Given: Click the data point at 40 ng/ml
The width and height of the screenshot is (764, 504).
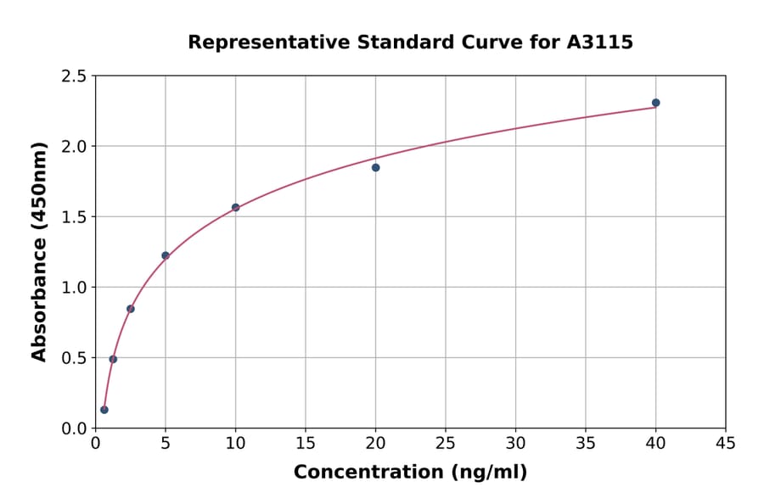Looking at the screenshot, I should (x=655, y=103).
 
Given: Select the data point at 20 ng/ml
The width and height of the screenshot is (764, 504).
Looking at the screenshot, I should (x=375, y=168).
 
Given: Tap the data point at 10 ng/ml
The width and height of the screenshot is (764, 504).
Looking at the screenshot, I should (x=235, y=207).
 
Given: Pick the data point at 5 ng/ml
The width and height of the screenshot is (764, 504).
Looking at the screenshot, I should (x=166, y=255).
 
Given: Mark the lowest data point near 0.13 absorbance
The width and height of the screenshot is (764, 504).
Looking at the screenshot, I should (x=104, y=410).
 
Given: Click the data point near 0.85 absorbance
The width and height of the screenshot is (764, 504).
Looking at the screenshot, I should (x=131, y=309).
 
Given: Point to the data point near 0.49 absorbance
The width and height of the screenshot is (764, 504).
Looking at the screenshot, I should (x=113, y=359).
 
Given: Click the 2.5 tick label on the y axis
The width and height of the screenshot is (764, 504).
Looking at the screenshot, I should (x=73, y=76).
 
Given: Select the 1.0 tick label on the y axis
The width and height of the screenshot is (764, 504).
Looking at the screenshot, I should (x=73, y=288).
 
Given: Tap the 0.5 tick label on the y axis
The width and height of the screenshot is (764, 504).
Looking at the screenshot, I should (x=73, y=358).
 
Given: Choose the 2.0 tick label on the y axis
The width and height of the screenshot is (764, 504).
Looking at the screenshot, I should (x=73, y=147).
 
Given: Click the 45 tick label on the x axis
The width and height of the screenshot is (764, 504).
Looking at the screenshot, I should (x=725, y=443).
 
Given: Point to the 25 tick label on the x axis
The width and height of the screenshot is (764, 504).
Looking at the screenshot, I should (x=445, y=443).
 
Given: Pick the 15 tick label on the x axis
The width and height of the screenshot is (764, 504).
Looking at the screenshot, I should (x=305, y=443).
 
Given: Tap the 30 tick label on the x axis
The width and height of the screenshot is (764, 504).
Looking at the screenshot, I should (x=515, y=443).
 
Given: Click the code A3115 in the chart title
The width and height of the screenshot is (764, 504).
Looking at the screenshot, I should (x=599, y=42).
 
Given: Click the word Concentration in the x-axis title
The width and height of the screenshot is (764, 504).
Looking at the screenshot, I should (x=368, y=473).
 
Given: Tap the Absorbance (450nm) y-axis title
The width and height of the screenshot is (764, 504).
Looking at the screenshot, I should (x=39, y=251).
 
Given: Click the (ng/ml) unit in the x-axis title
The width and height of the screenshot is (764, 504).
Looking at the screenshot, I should (x=488, y=473).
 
